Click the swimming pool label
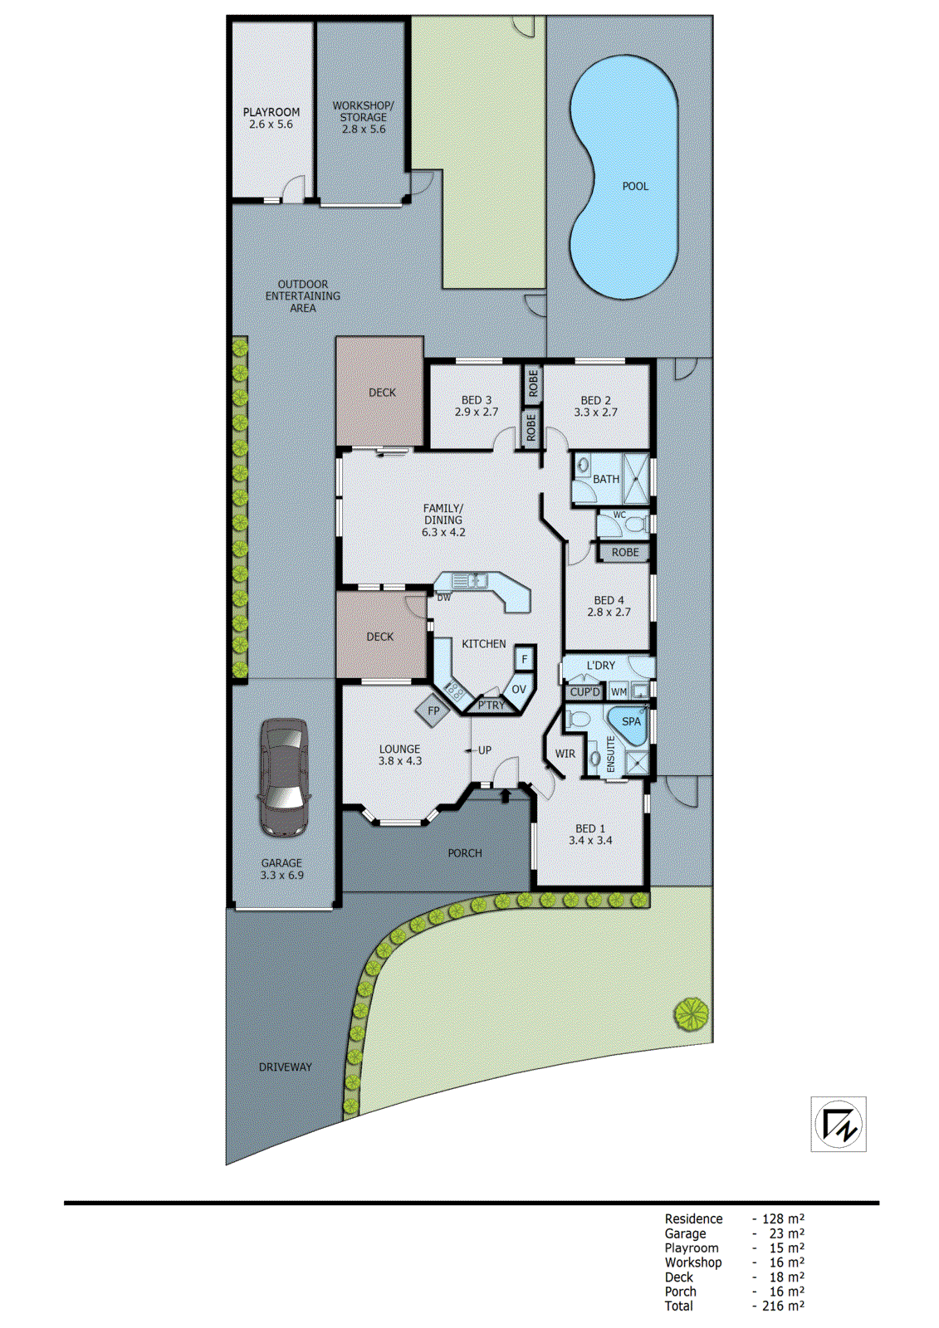[x=635, y=186]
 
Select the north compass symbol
[x=839, y=1124]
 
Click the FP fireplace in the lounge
[x=433, y=711]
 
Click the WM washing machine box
[x=619, y=691]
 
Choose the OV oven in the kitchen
[x=519, y=690]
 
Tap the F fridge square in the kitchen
[x=524, y=660]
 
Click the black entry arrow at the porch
[x=505, y=796]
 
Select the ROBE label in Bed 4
[x=625, y=552]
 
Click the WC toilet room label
[x=619, y=515]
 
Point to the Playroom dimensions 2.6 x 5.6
[x=271, y=124]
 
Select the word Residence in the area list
[x=693, y=1218]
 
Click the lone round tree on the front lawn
[x=691, y=1014]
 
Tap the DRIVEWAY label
[x=285, y=1067]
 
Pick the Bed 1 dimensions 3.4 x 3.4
[x=590, y=840]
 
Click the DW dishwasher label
[x=443, y=598]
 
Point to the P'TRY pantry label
[x=491, y=705]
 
